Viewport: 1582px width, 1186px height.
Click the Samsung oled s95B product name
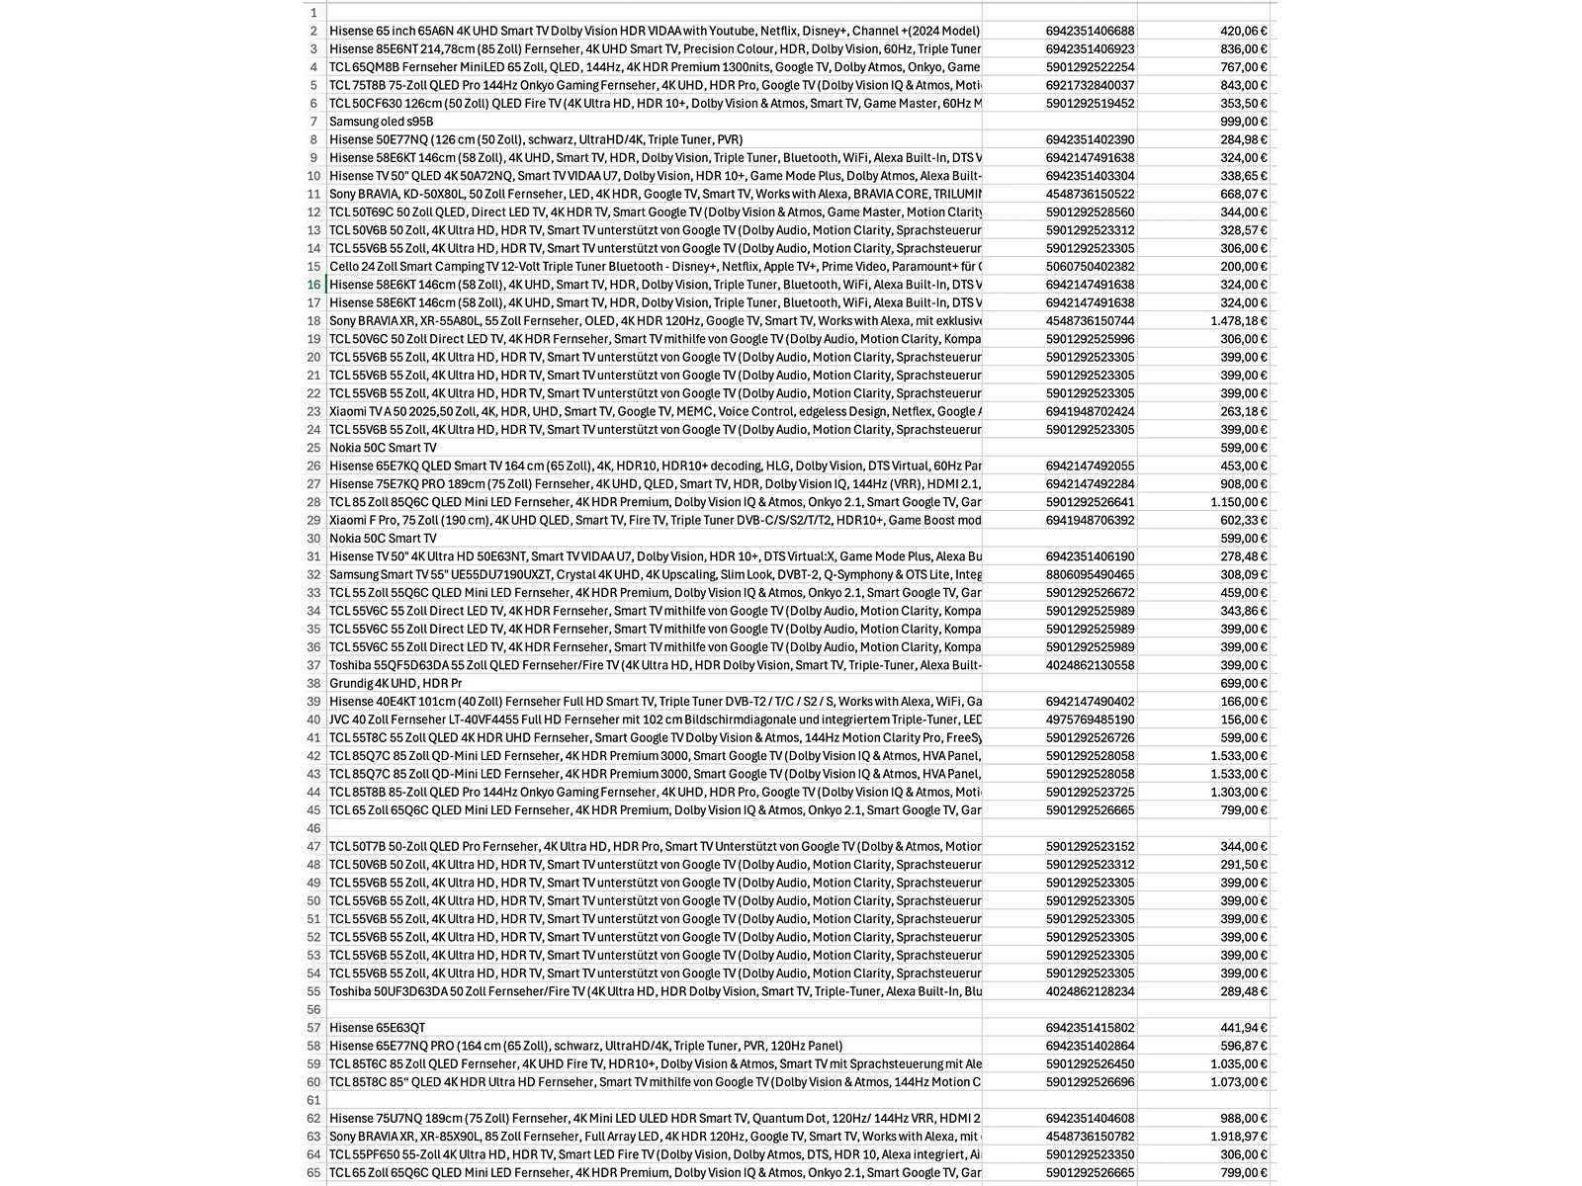point(382,122)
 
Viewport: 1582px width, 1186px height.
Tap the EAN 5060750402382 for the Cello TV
point(1090,267)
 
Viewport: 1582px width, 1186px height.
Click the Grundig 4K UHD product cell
point(395,684)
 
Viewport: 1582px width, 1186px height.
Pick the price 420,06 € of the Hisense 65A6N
point(1243,32)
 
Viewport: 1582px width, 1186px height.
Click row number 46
point(313,828)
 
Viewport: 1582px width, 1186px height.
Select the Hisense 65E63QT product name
point(378,1028)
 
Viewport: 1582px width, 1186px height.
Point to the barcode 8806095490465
point(1090,575)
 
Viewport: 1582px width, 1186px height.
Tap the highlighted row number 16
point(313,285)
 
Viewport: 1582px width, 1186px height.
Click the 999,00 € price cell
point(1243,122)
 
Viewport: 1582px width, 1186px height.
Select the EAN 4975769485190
point(1090,720)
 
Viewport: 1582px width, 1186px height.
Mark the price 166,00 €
point(1243,702)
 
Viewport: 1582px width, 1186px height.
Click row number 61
point(313,1100)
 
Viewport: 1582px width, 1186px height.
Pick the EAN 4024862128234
point(1090,991)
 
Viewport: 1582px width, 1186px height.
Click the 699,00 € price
point(1243,684)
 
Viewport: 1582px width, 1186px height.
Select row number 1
point(313,13)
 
